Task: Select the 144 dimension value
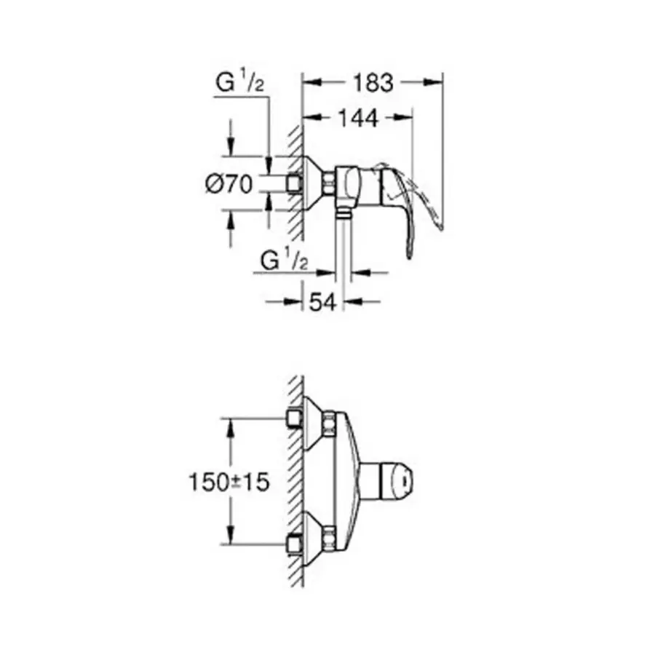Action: [x=357, y=117]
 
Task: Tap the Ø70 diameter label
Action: [x=229, y=184]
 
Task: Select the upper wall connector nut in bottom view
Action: [x=294, y=419]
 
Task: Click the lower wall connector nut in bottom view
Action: [x=294, y=543]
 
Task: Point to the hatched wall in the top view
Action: [x=295, y=182]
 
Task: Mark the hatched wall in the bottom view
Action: [x=295, y=481]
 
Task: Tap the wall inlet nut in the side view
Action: [x=294, y=183]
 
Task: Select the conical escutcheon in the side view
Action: [x=314, y=183]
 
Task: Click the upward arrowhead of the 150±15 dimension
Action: [x=231, y=425]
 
